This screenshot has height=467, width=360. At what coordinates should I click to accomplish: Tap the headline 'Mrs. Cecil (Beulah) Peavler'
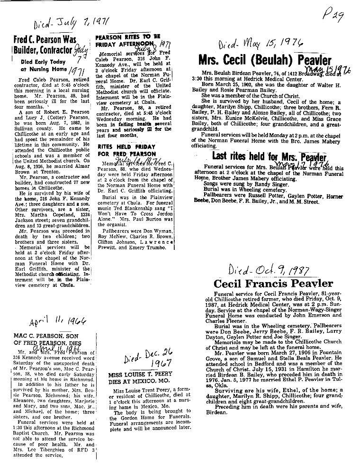coord(271,60)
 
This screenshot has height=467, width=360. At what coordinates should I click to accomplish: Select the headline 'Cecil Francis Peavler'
coord(273,284)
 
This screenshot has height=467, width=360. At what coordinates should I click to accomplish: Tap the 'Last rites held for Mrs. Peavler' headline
coord(270,157)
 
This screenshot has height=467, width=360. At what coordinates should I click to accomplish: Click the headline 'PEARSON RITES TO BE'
coord(127,37)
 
